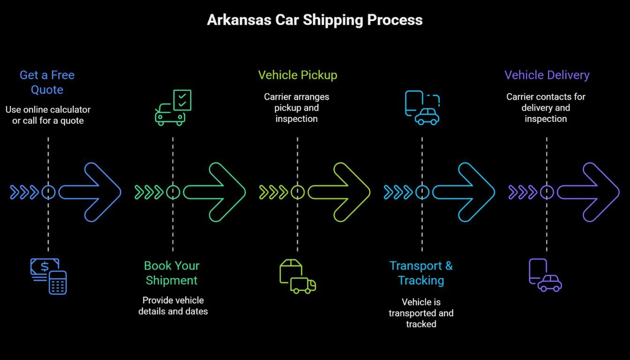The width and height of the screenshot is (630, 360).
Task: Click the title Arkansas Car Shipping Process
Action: tap(315, 20)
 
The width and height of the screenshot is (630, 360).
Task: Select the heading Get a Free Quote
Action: tap(47, 82)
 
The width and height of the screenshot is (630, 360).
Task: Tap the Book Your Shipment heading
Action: tap(172, 273)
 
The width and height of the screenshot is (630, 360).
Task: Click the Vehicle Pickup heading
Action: tap(297, 75)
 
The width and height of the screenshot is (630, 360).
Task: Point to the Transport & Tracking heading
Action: tap(421, 273)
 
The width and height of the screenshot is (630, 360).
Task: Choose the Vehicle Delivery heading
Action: tap(547, 75)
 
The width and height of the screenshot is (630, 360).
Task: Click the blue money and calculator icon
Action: tap(48, 276)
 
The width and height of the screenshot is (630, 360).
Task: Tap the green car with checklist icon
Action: tap(173, 107)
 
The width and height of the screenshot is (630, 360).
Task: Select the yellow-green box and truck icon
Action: tap(297, 276)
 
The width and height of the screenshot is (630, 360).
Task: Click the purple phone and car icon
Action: tap(545, 275)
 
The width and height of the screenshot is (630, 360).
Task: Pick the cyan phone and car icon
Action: tap(422, 108)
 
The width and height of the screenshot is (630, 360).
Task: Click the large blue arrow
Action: tap(91, 192)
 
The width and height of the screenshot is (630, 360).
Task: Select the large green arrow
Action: tap(216, 192)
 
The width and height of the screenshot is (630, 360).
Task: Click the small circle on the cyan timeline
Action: tap(422, 192)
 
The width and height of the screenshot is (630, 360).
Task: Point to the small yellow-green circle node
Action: tap(298, 192)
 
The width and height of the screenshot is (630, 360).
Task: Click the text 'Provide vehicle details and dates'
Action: tap(173, 306)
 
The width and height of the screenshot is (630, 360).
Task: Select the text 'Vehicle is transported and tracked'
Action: tap(421, 313)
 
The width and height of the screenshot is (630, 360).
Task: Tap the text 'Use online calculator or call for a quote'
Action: tap(48, 115)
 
